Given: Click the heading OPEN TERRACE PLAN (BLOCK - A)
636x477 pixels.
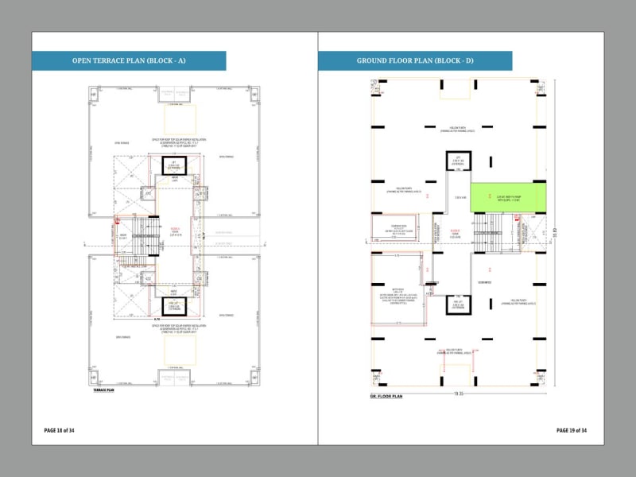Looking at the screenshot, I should click(x=129, y=60).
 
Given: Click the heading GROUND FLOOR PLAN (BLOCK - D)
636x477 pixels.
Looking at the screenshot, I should click(x=415, y=60).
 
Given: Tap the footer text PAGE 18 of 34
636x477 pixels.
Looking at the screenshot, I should click(x=60, y=430).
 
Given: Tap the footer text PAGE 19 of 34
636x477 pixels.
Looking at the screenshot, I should click(x=572, y=430).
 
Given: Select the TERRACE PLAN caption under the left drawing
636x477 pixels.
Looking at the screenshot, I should click(x=105, y=390).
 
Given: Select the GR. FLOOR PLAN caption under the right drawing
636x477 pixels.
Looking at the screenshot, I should click(x=386, y=395).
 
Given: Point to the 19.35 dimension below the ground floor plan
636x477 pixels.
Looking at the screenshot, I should click(x=460, y=392).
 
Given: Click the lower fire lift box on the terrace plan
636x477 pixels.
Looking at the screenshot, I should click(x=174, y=307).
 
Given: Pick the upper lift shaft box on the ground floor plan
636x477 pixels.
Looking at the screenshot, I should click(x=457, y=164).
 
